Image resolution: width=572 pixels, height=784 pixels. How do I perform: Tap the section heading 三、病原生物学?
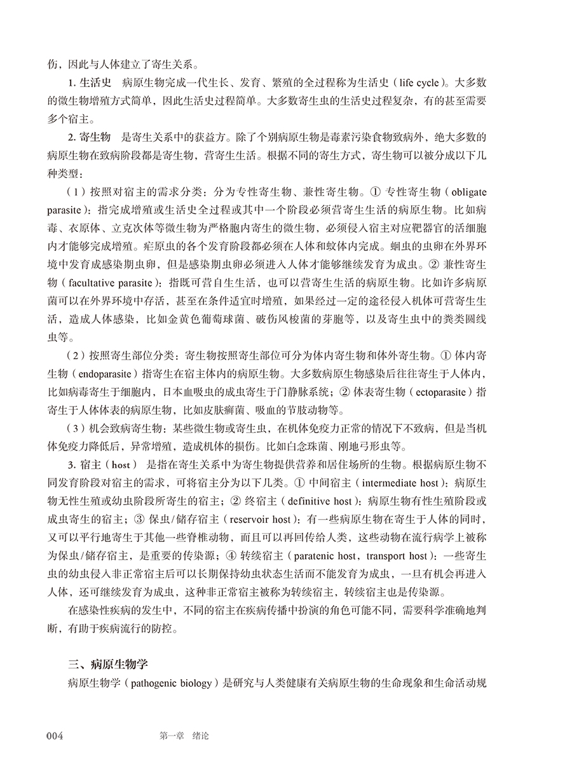[x=107, y=665]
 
